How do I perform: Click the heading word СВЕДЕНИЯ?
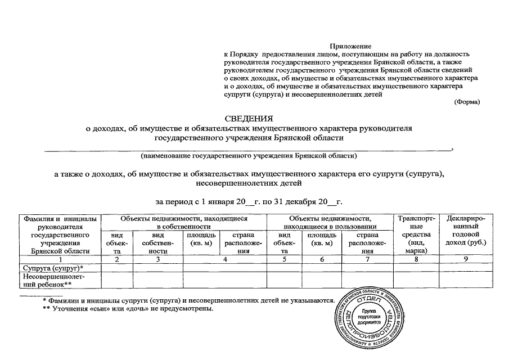pyautogui.click(x=249, y=119)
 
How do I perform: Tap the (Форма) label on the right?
pyautogui.click(x=466, y=102)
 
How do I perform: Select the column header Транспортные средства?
pyautogui.click(x=416, y=234)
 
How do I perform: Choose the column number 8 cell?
pyautogui.click(x=416, y=259)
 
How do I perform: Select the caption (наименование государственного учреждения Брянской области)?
pyautogui.click(x=249, y=155)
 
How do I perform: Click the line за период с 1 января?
pyautogui.click(x=249, y=201)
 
